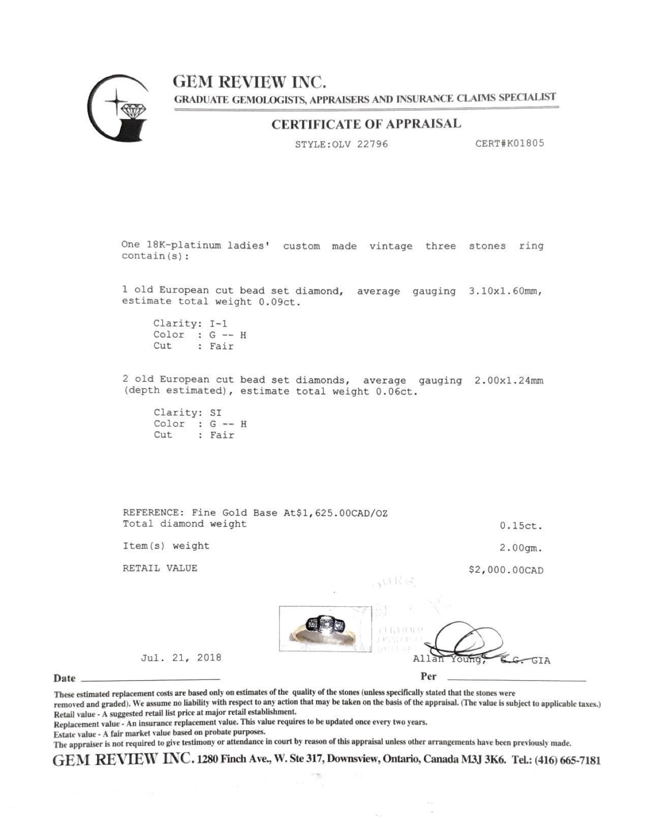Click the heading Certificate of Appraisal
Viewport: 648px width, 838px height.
tap(366, 124)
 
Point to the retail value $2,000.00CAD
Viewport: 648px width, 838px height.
tap(506, 570)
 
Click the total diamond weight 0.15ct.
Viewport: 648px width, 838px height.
tap(521, 526)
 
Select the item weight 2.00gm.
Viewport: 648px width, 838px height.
tap(521, 549)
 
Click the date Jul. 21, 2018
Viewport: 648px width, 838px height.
tap(181, 658)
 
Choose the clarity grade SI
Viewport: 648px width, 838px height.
tap(215, 412)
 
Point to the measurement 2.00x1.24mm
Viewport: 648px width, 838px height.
tap(509, 380)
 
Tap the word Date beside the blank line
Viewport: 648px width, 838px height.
tap(65, 679)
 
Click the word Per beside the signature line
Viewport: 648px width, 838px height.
tap(428, 676)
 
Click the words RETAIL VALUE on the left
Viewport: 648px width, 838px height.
tap(160, 568)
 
